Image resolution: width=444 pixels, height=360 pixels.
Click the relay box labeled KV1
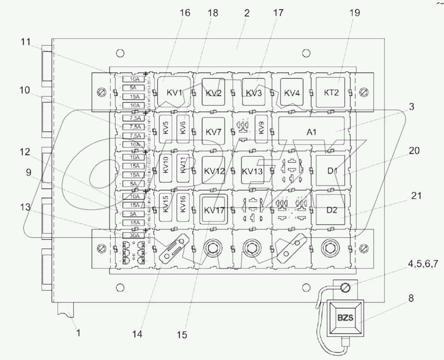174,92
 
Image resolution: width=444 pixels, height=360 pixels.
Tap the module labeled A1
312,132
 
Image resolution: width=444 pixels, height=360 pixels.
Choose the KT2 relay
331,92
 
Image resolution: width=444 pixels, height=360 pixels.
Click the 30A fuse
132,235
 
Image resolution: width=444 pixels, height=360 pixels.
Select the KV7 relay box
212,132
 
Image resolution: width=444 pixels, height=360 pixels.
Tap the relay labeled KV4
291,92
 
